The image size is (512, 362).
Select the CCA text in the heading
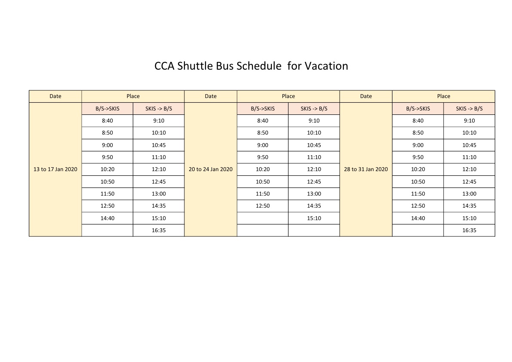(x=164, y=66)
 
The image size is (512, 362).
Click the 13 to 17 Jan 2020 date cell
(x=55, y=169)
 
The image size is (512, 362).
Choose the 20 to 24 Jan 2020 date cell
(x=211, y=169)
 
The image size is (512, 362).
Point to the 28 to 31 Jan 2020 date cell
(x=366, y=169)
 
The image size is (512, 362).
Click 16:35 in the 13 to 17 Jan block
(x=159, y=230)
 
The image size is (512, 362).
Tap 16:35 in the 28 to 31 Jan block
(x=469, y=230)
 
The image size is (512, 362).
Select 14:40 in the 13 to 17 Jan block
(x=107, y=218)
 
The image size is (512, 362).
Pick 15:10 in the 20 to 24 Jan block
(x=314, y=218)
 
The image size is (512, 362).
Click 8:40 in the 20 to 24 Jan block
(x=263, y=121)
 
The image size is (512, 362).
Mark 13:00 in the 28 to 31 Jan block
(x=469, y=194)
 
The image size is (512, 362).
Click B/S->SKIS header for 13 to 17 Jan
(x=107, y=109)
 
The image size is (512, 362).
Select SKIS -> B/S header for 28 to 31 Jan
(x=469, y=109)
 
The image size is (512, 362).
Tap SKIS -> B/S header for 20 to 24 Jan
(x=314, y=109)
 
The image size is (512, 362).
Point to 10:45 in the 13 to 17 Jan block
(x=159, y=145)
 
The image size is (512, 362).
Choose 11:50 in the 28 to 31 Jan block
(x=418, y=194)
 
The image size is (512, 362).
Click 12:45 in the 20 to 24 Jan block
(x=314, y=182)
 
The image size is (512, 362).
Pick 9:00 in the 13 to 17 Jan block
(x=107, y=145)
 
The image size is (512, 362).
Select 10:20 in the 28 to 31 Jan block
(x=418, y=169)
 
